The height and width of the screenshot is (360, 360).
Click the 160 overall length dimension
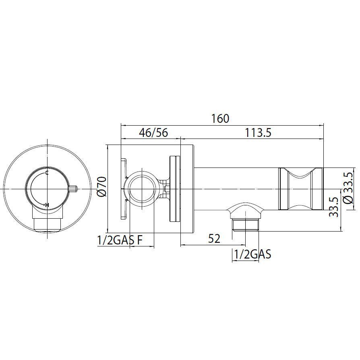(220, 118)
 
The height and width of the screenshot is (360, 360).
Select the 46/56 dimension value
(153, 132)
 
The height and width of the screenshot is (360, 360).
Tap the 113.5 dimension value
(258, 132)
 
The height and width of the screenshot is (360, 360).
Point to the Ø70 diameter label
(102, 186)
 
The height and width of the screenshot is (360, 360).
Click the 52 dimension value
(214, 238)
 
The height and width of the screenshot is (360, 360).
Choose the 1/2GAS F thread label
(120, 240)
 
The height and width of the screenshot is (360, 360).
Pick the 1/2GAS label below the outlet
(252, 254)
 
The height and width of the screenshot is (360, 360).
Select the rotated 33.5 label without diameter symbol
(333, 207)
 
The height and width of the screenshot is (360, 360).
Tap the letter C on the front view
(47, 173)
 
